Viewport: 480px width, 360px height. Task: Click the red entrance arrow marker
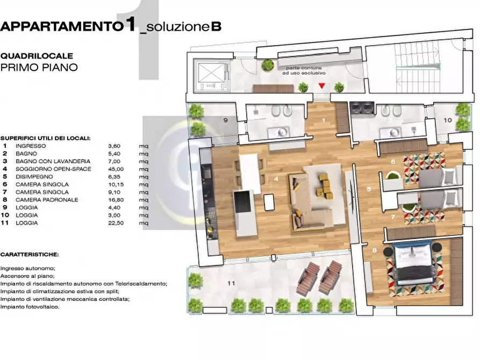(x=321, y=86)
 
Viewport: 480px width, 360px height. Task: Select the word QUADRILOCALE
(x=37, y=55)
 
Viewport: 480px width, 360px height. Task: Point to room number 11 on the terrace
(x=231, y=283)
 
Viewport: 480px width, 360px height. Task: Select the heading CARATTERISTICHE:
(x=30, y=254)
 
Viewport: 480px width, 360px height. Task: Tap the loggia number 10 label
(x=448, y=120)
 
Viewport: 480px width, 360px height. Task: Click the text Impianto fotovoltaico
(x=30, y=307)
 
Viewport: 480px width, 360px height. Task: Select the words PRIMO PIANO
(x=39, y=68)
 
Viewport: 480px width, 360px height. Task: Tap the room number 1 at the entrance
(x=324, y=120)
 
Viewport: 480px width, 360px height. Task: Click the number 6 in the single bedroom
(x=393, y=162)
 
